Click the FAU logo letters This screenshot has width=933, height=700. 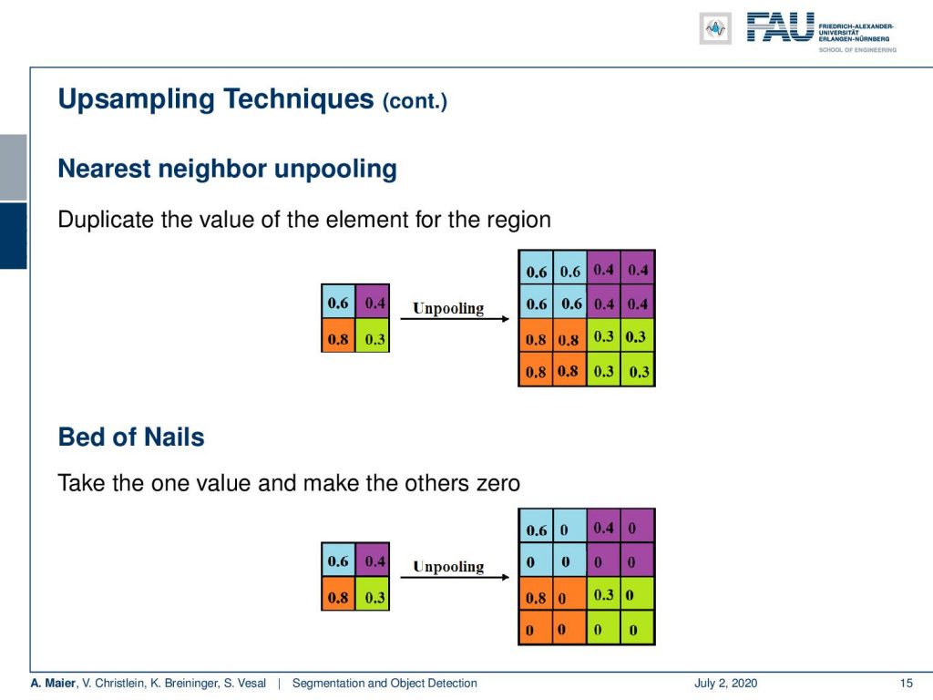[780, 27]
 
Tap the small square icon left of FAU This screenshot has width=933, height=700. [715, 28]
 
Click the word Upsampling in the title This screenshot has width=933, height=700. [137, 100]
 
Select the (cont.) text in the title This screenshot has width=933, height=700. [415, 101]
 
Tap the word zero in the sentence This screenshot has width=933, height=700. [498, 483]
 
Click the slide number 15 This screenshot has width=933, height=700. [907, 683]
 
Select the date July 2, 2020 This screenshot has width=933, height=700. [726, 683]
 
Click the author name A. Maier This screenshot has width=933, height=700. [53, 683]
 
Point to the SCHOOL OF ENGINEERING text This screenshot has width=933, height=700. [857, 50]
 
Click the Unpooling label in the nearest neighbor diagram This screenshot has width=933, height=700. [448, 308]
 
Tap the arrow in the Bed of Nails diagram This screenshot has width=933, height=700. [456, 577]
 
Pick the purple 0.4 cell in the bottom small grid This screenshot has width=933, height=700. [373, 560]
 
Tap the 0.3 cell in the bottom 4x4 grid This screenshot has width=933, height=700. [604, 593]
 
